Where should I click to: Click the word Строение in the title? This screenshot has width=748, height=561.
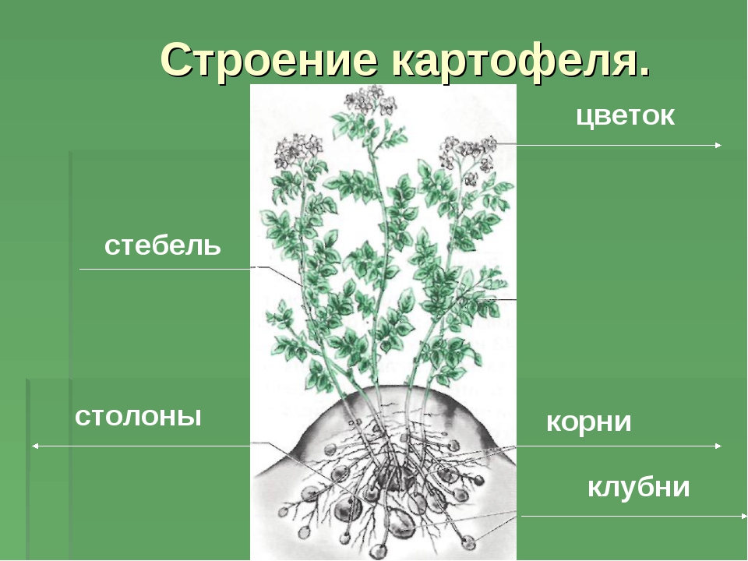[x=270, y=60]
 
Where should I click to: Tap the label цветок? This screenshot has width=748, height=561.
[x=625, y=116]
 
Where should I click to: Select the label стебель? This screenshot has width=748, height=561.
[x=163, y=245]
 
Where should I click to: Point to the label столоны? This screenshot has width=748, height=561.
[x=138, y=416]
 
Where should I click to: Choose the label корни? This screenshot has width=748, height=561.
[x=589, y=422]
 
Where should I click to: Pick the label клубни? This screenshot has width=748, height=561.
[x=638, y=487]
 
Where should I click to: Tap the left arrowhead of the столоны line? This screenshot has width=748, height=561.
[x=34, y=446]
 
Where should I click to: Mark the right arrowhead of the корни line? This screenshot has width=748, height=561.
[x=718, y=446]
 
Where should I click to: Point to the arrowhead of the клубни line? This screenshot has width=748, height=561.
[x=743, y=516]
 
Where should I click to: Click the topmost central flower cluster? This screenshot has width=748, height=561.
[x=370, y=99]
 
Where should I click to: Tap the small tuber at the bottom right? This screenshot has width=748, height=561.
[x=468, y=542]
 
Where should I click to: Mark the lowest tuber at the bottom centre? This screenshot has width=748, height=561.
[x=379, y=552]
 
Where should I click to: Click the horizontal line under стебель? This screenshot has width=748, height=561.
[x=165, y=269]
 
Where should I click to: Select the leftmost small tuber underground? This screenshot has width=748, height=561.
[x=284, y=512]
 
